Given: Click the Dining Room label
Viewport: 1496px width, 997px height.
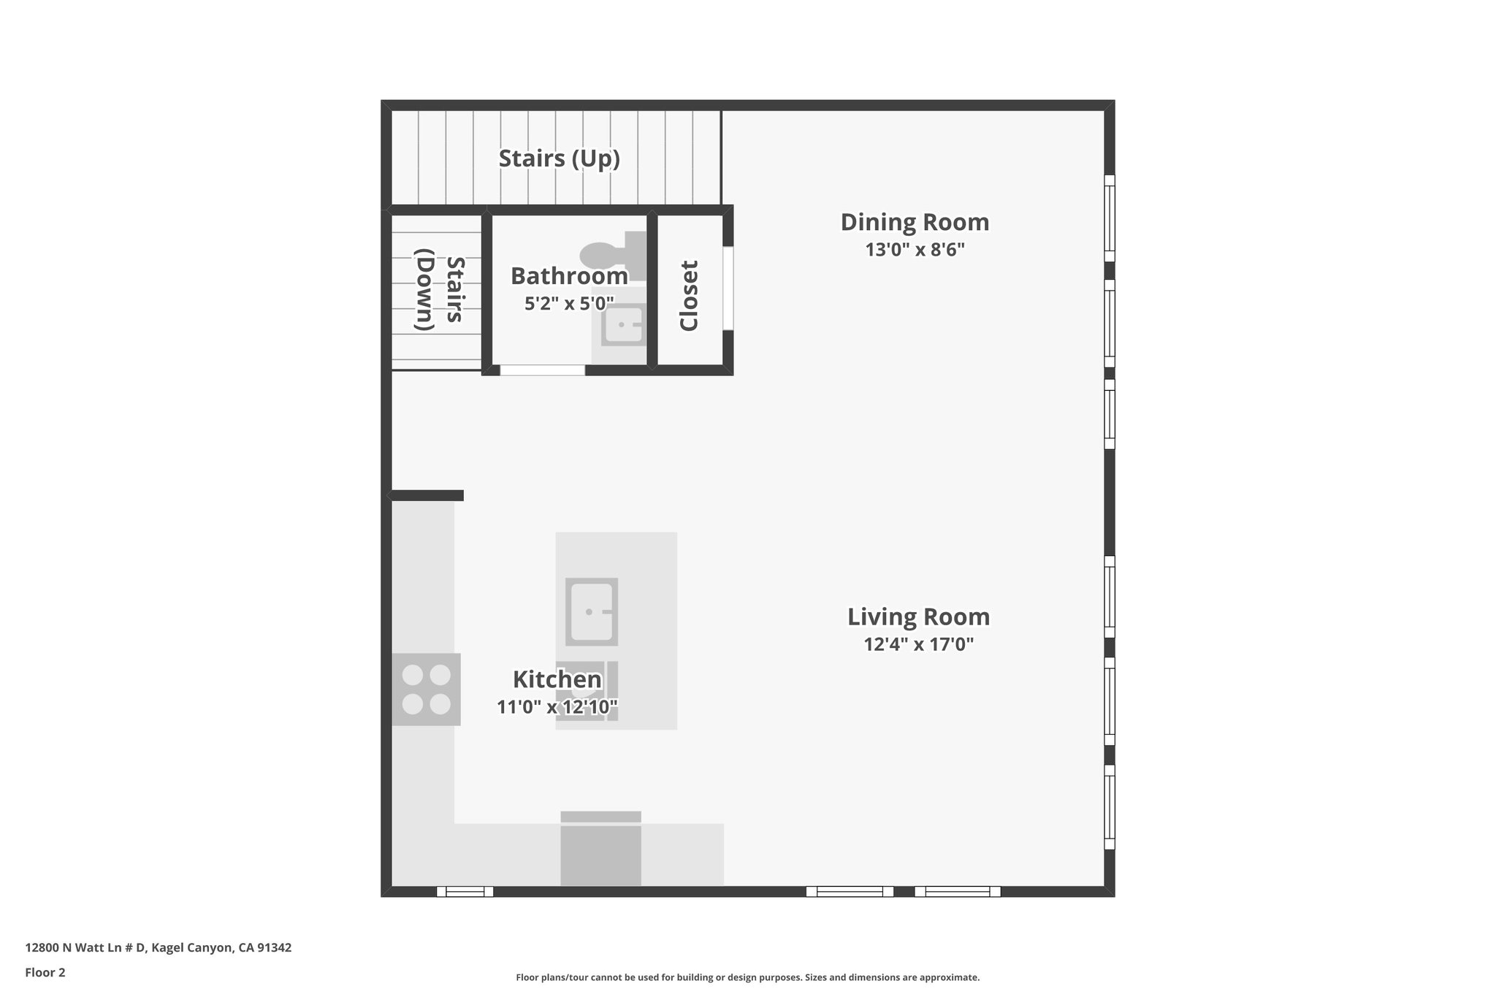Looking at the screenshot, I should click(x=915, y=222).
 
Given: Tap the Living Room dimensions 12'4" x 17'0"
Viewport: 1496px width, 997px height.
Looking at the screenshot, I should click(x=918, y=644).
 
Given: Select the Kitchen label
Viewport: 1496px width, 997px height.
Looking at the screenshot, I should click(x=557, y=679).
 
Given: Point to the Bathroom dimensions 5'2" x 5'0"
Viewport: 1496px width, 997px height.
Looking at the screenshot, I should click(x=569, y=303).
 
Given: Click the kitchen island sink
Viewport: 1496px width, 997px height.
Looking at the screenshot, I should click(x=591, y=611).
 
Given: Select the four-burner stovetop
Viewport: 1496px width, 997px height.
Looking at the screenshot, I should click(x=427, y=689).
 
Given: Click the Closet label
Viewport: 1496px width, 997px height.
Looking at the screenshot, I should click(x=689, y=295).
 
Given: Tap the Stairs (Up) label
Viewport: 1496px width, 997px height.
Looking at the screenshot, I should click(x=559, y=158).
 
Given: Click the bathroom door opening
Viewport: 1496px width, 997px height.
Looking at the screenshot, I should click(x=542, y=370).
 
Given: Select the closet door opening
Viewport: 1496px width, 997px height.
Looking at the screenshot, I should click(x=728, y=288).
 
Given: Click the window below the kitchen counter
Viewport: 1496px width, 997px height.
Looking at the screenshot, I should click(x=465, y=891).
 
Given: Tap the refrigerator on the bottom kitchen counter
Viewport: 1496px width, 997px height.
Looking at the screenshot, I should click(x=600, y=851).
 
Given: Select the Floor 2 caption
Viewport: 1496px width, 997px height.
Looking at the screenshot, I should click(x=45, y=972).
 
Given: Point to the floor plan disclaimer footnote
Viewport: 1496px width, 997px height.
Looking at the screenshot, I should click(x=747, y=977).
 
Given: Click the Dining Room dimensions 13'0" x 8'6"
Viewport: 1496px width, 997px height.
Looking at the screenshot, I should click(x=915, y=250).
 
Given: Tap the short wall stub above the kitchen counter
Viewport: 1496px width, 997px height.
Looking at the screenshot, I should click(x=427, y=495).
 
